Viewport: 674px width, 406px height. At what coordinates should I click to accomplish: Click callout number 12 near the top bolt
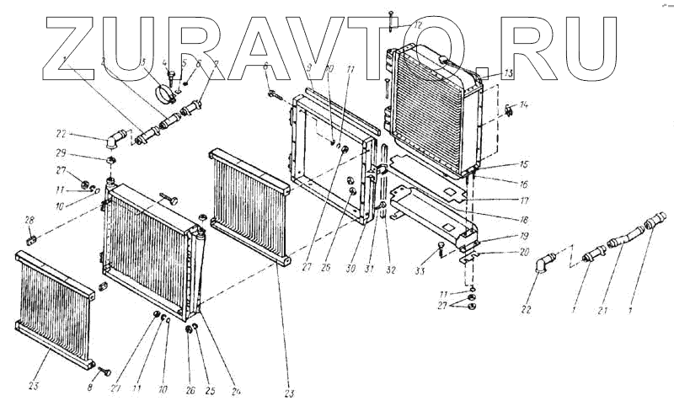point(418,24)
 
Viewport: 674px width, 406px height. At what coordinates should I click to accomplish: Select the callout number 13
point(508,73)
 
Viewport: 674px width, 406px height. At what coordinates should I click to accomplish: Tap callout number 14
point(524,105)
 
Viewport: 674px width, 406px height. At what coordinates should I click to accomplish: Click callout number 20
point(523,251)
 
